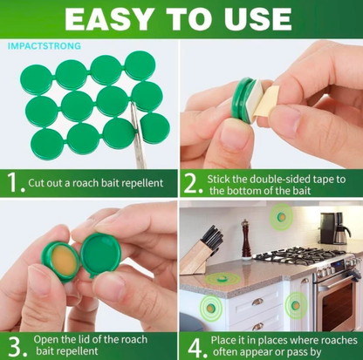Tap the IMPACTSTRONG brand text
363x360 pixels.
45,46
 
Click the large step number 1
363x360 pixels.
13,182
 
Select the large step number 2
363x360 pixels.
191,184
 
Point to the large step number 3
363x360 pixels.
15,346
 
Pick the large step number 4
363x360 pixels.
195,347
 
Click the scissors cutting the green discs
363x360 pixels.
138,136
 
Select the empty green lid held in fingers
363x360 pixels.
100,255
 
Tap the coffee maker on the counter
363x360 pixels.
334,228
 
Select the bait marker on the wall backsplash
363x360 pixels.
281,217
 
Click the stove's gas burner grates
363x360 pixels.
299,255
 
